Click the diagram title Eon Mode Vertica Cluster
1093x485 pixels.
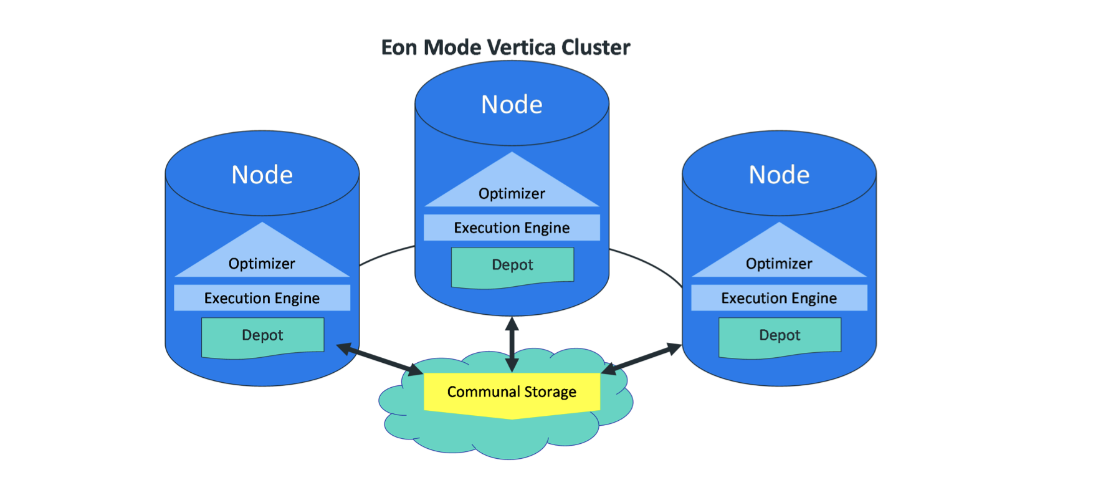pyautogui.click(x=505, y=47)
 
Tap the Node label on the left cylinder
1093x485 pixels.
pyautogui.click(x=262, y=175)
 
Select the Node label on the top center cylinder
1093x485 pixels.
pyautogui.click(x=512, y=105)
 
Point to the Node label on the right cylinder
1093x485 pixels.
pyautogui.click(x=779, y=175)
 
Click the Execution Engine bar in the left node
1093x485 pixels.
pyautogui.click(x=262, y=298)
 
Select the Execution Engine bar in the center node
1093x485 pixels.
pyautogui.click(x=512, y=228)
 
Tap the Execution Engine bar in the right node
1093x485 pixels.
pyautogui.click(x=779, y=298)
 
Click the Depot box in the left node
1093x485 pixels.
pyautogui.click(x=262, y=337)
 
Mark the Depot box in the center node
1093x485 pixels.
pyautogui.click(x=512, y=266)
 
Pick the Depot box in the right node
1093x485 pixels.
pyautogui.click(x=780, y=337)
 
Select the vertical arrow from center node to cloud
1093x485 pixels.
pyautogui.click(x=512, y=344)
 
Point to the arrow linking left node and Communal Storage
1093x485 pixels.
pyautogui.click(x=380, y=359)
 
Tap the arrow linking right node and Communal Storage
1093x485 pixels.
pyautogui.click(x=641, y=358)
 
